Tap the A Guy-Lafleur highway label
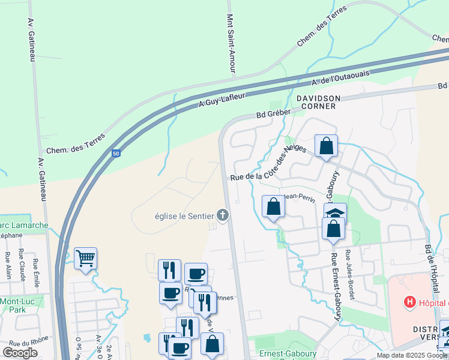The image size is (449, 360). point(222,100)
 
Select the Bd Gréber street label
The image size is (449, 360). point(273,112)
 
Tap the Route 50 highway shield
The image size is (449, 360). point(116,154)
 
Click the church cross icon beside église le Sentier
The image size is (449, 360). point(223,214)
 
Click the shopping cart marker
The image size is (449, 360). point(85,259)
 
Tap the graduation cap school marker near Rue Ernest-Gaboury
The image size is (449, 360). point(336,213)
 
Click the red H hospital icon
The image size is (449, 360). point(410,302)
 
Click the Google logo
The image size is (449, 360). point(20,353)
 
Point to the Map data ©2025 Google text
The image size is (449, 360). point(411,355)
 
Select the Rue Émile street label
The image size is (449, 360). point(35,268)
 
